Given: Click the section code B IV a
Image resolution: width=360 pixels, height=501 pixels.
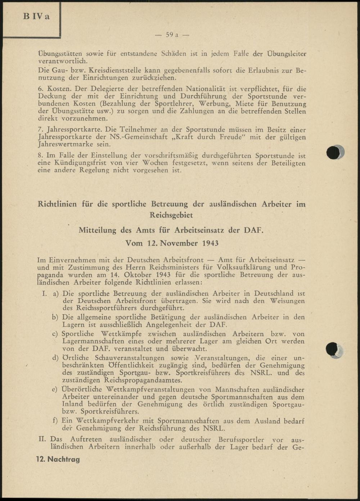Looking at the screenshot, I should tap(36, 17).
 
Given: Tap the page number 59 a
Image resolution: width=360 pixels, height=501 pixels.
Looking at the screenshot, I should tap(172, 35).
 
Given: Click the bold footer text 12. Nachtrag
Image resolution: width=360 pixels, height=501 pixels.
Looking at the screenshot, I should tap(58, 459).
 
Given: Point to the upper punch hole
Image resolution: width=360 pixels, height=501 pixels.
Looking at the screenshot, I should tap(334, 152).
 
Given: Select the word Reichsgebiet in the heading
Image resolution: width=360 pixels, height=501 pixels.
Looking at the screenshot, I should tap(171, 215).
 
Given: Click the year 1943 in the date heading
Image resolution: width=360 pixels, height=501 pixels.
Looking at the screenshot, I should tap(210, 243).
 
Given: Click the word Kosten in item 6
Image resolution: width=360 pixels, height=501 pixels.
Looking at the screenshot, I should tap(60, 88).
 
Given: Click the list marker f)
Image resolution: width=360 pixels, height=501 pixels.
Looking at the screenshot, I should tap(55, 421).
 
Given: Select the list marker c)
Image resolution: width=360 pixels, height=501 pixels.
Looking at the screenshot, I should tap(55, 334).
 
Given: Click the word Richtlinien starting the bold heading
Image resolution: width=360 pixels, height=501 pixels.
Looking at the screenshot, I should tap(57, 204).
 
